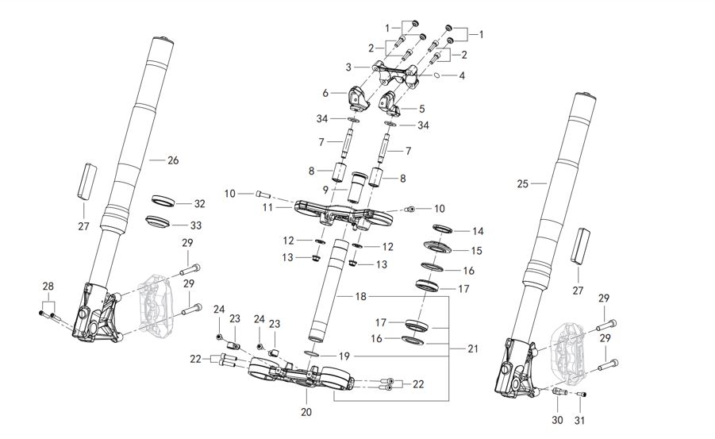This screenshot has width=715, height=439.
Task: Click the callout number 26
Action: tap(173, 160)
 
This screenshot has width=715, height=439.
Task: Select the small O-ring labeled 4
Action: tap(436, 76)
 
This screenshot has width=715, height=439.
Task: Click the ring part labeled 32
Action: tap(161, 198)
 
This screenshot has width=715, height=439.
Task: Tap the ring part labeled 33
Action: tap(160, 220)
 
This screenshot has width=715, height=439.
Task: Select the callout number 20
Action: tap(306, 412)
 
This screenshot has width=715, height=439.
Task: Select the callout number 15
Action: tap(477, 251)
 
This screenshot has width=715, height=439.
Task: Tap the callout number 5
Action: tap(421, 108)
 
